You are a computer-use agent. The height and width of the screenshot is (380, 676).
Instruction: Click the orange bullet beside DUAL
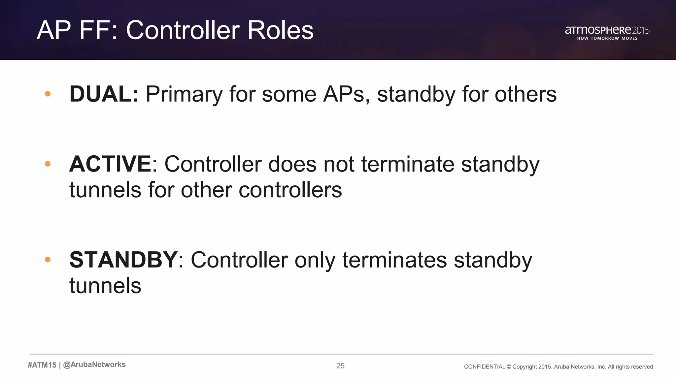tap(48, 94)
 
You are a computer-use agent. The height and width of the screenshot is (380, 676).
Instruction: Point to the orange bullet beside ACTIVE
tap(48, 164)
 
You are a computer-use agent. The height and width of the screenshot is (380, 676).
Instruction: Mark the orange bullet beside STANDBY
tap(48, 260)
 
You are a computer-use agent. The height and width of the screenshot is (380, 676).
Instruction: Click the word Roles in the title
tap(280, 30)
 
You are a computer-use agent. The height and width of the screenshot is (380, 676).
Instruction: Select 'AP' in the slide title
tap(54, 30)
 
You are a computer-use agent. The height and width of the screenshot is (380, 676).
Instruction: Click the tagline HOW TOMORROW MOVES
tap(607, 38)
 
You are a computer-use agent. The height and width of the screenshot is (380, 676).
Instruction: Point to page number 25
tap(340, 365)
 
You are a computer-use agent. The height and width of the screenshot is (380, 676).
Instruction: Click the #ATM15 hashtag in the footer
tap(42, 365)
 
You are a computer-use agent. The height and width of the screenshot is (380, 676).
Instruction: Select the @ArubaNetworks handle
tap(94, 364)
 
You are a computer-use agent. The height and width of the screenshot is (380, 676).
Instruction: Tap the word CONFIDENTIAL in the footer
tap(484, 367)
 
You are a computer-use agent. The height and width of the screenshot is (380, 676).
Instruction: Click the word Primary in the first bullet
tap(184, 95)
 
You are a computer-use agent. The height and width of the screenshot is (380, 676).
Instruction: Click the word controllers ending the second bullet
tap(290, 190)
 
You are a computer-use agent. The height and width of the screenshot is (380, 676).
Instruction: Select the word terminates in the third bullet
tap(394, 260)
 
